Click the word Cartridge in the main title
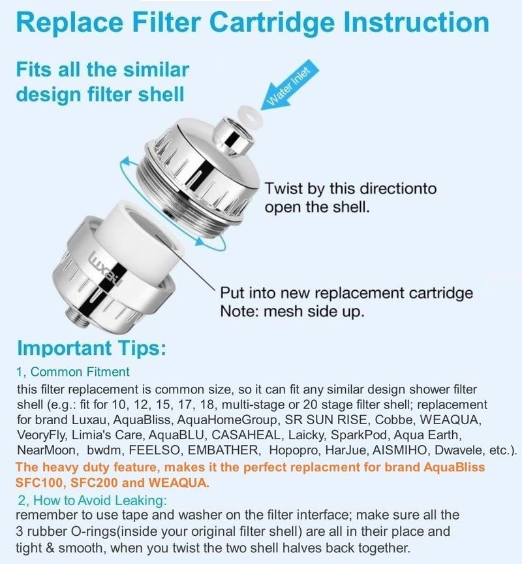click(274, 22)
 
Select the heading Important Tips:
click(92, 348)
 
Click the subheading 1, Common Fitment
click(73, 372)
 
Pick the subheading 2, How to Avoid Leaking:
click(92, 501)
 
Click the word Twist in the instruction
click(284, 188)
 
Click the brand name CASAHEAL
click(245, 435)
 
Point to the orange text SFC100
click(40, 482)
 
